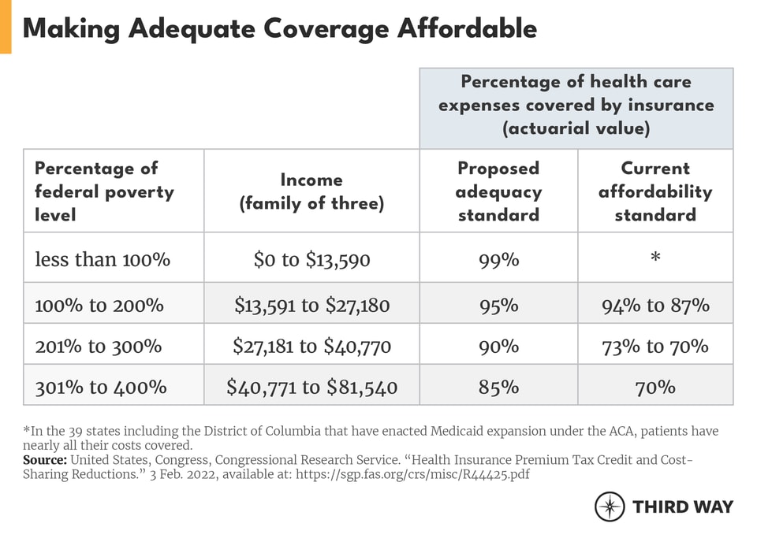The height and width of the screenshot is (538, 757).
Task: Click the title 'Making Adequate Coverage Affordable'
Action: [280, 28]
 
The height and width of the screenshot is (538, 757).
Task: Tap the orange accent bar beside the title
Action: [6, 27]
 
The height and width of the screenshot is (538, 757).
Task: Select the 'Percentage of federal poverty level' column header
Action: [104, 191]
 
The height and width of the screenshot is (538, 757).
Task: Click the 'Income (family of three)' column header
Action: [311, 191]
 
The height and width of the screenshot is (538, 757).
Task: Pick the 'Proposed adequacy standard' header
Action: [498, 191]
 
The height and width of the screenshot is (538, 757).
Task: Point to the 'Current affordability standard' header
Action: [654, 191]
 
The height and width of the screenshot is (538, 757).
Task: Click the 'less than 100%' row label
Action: [103, 259]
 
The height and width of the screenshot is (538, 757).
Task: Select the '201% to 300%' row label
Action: [98, 346]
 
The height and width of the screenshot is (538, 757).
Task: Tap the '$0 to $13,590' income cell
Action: [311, 259]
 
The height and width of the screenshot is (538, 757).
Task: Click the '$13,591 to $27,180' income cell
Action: [311, 305]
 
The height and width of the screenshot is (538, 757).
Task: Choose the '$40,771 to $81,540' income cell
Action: [311, 387]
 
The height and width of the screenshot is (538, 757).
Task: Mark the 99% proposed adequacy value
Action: [498, 259]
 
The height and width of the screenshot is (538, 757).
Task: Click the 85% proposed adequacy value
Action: [498, 387]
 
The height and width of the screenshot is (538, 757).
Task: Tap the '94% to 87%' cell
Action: [654, 305]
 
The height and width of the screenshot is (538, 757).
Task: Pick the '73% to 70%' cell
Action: [654, 346]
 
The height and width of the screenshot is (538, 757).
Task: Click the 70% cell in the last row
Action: [654, 387]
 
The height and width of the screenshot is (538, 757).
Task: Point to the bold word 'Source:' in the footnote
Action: [45, 459]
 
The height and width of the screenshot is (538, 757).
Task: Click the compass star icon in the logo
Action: [610, 506]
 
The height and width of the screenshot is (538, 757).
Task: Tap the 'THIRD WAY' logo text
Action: [683, 506]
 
